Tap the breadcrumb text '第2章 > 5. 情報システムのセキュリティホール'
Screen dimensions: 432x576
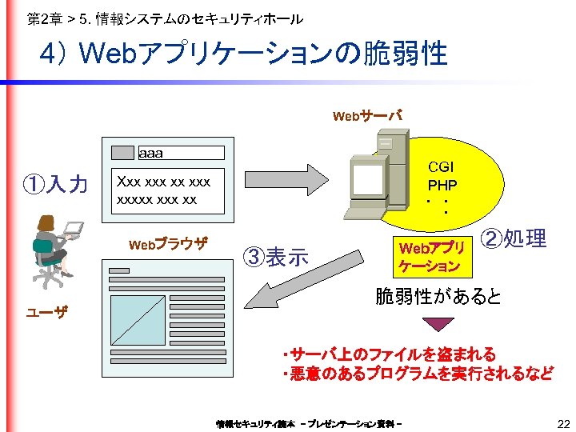tap(165, 18)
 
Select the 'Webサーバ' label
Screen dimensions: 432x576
tap(367, 117)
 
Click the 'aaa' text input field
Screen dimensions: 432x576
tap(181, 153)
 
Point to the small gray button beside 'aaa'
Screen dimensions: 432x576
tap(122, 153)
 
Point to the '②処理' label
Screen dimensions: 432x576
tap(514, 238)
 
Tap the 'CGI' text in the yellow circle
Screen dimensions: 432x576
tap(441, 167)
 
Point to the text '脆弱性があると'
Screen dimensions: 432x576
tap(438, 297)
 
